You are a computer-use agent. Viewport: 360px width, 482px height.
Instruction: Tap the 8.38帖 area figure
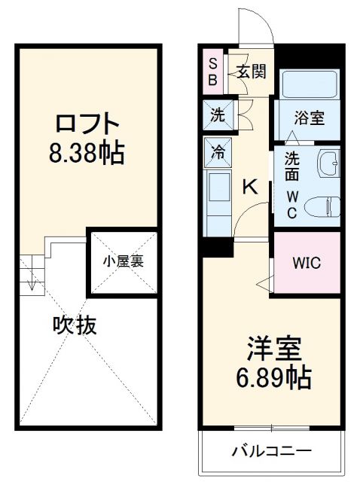coord(87,154)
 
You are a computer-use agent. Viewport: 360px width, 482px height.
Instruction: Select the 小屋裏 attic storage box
coord(124,262)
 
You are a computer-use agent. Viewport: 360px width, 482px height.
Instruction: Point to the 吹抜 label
coord(75,325)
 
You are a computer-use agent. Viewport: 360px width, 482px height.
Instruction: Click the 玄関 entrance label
coord(251,72)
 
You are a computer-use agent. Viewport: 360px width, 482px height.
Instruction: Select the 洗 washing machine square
coord(217,117)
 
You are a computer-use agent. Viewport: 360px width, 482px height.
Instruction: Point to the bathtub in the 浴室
coord(310,87)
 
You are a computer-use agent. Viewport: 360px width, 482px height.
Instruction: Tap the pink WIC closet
coord(307,264)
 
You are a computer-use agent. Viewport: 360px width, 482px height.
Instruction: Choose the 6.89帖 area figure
coord(278,377)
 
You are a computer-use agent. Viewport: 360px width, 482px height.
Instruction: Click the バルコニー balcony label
coord(271,452)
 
